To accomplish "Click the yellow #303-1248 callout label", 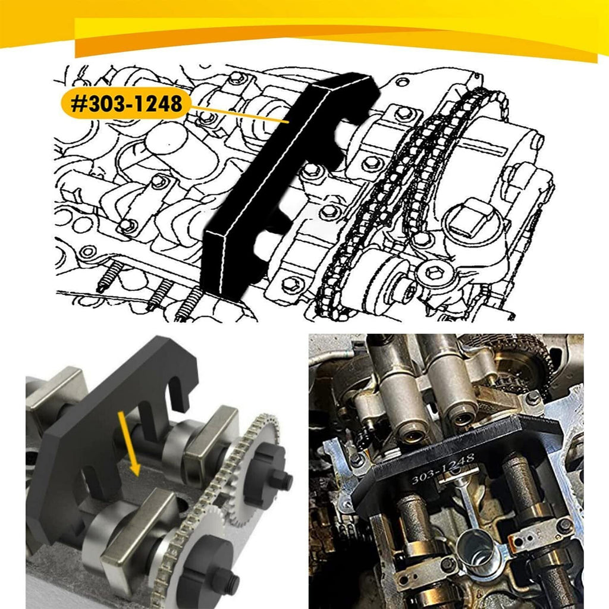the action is pos(126,103).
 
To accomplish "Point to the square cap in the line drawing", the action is pos(470,218).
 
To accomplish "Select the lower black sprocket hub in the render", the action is pos(212,573).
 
